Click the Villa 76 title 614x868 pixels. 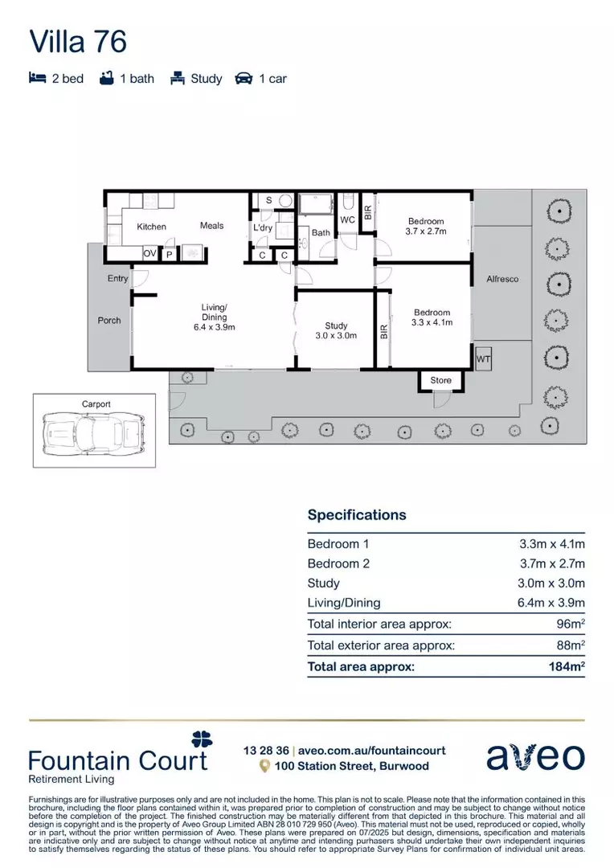pyautogui.click(x=78, y=41)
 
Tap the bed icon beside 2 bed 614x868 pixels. pyautogui.click(x=37, y=79)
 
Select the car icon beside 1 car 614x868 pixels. pyautogui.click(x=244, y=79)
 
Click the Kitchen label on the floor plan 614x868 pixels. pyautogui.click(x=151, y=227)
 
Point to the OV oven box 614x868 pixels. pyautogui.click(x=149, y=253)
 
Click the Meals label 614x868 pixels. pyautogui.click(x=212, y=226)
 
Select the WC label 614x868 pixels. pyautogui.click(x=347, y=219)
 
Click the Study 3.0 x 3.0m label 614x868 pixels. pyautogui.click(x=336, y=330)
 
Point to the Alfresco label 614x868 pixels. pyautogui.click(x=502, y=279)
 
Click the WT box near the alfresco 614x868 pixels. pyautogui.click(x=483, y=359)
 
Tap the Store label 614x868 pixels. pyautogui.click(x=440, y=380)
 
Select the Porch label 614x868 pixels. pyautogui.click(x=109, y=320)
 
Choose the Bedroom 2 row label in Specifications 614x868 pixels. pyautogui.click(x=338, y=563)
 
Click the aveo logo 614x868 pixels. pyautogui.click(x=535, y=756)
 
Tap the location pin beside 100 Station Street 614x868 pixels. pyautogui.click(x=264, y=767)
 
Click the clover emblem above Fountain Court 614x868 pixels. pyautogui.click(x=202, y=739)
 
